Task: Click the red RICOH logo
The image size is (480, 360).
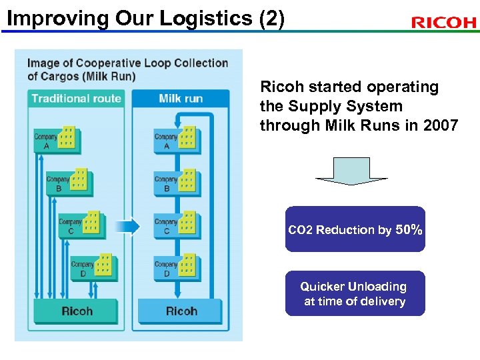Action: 443,23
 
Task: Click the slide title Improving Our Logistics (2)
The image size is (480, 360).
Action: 145,18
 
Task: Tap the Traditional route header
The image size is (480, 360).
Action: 76,99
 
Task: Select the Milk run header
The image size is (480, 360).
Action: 181,99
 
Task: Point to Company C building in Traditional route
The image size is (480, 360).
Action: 93,223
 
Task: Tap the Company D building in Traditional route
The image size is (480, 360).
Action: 105,265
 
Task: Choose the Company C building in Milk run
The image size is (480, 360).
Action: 188,223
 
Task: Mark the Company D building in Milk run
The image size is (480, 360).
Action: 188,265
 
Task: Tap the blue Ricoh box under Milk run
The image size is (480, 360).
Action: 181,311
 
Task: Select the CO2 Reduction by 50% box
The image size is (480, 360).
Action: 355,229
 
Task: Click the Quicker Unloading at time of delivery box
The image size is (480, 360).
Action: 355,294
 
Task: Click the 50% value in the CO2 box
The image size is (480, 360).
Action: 408,229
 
